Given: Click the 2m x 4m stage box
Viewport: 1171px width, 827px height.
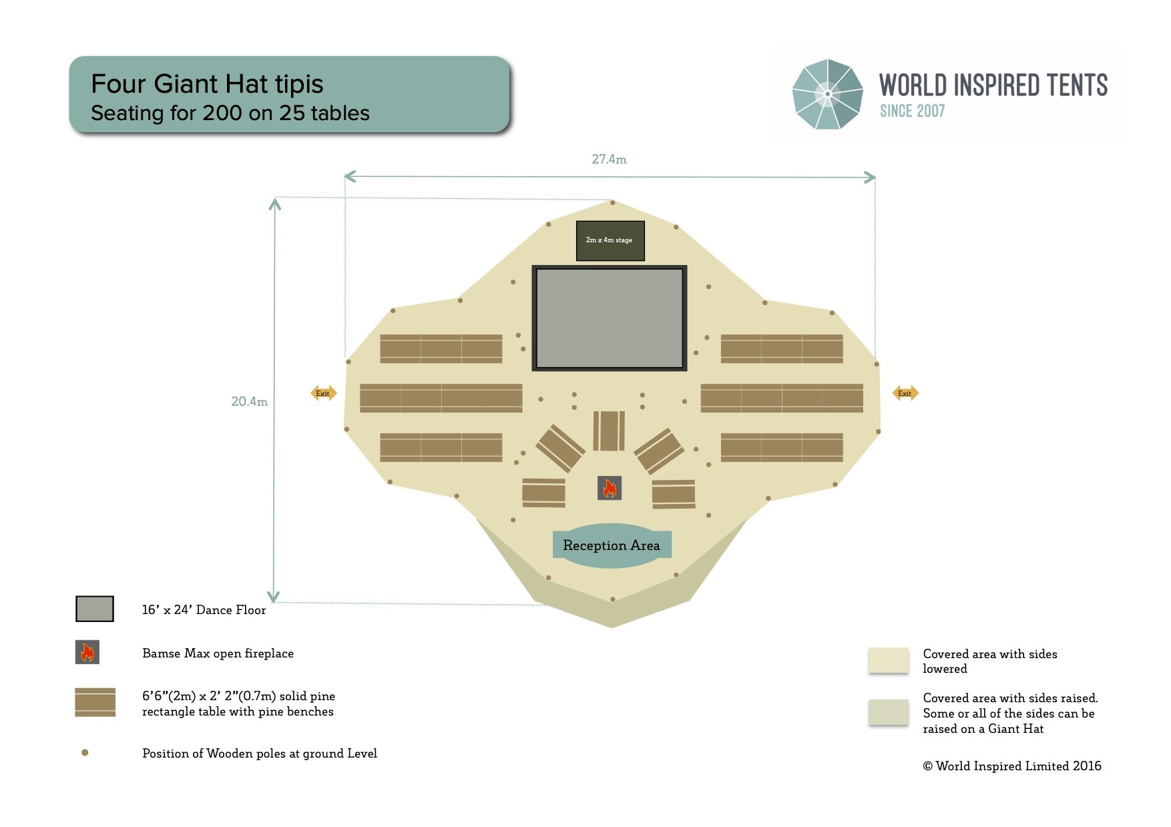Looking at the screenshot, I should click(x=610, y=240).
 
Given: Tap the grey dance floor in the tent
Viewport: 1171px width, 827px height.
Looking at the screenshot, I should click(x=610, y=318).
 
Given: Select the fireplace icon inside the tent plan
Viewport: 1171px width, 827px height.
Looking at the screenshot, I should click(x=610, y=488).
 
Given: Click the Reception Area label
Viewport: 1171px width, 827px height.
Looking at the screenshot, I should click(x=612, y=545).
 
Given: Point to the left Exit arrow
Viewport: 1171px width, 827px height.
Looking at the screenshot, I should click(x=324, y=393).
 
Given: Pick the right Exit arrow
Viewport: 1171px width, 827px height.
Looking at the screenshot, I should click(x=905, y=393).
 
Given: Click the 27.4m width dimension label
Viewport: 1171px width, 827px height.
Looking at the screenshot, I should click(x=609, y=160).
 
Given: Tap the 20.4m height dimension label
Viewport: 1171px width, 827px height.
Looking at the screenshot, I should click(x=249, y=401).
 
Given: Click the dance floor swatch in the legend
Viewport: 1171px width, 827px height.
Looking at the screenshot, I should click(x=95, y=609).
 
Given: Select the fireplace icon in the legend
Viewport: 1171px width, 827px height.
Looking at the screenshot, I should click(x=87, y=652).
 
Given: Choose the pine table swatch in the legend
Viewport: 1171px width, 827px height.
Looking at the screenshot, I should click(x=95, y=702).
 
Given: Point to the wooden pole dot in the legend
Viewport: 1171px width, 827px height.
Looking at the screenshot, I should click(x=85, y=753).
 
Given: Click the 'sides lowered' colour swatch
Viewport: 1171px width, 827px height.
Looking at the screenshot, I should click(x=889, y=660).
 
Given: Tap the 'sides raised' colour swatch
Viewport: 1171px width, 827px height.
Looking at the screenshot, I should click(x=889, y=712).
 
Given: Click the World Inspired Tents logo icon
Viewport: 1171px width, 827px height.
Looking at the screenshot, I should click(x=827, y=94).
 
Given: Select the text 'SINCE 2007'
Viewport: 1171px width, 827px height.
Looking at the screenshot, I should click(x=912, y=111).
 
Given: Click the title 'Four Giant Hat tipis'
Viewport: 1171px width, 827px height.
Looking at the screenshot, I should click(x=207, y=84).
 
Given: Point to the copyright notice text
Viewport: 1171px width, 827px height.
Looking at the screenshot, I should click(x=1012, y=766).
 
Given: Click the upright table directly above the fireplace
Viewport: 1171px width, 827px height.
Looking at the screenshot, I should click(x=609, y=431).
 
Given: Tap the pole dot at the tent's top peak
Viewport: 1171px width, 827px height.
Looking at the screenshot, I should click(x=612, y=202).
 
